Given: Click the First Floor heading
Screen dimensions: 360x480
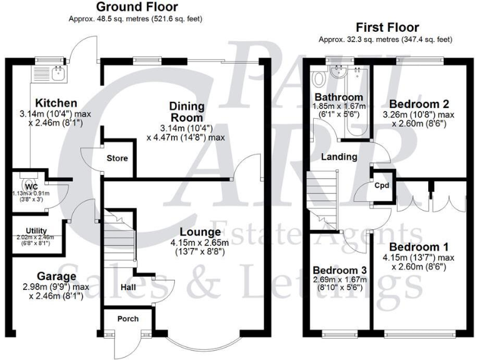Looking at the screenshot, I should pos(387,27).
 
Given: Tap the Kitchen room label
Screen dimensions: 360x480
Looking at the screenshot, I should pos(56,103).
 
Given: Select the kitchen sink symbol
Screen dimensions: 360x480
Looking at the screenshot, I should pos(56,76).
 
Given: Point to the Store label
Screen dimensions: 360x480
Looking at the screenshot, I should pos(117,158).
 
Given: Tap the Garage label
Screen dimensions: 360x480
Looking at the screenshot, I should pos(56,276).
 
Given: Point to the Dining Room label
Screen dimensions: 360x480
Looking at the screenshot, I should pos(186,112).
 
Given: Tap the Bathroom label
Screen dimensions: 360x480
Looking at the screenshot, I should pos(338,97).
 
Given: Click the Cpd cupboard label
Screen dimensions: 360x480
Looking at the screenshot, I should pos(382,186).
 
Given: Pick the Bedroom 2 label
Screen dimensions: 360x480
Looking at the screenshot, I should pos(418,103).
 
